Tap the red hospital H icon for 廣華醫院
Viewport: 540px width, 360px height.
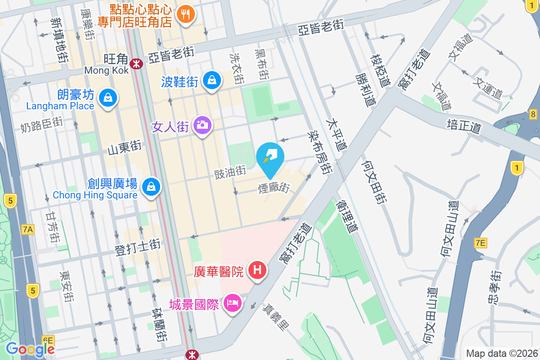point(257,270)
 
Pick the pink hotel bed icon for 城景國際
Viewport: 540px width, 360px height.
point(233,303)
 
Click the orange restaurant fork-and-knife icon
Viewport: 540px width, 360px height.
point(185,14)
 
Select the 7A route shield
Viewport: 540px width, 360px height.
point(27,229)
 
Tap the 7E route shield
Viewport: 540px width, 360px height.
point(481,243)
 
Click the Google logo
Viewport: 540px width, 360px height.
point(30,349)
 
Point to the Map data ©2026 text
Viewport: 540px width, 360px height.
point(501,353)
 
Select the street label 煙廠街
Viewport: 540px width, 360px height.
point(274,188)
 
